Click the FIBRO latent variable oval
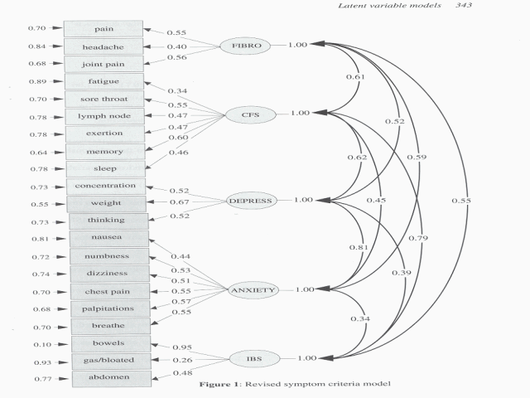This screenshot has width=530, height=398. coord(246,46)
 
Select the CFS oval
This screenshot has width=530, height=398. coord(246,114)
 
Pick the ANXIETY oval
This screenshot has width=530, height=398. coord(253,290)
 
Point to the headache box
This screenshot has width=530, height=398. coord(104,46)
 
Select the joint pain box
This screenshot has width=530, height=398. coord(104,64)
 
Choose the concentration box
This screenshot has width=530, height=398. coord(106,185)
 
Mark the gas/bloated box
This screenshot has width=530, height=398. coord(110,360)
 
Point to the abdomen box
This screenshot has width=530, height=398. coord(110,378)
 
